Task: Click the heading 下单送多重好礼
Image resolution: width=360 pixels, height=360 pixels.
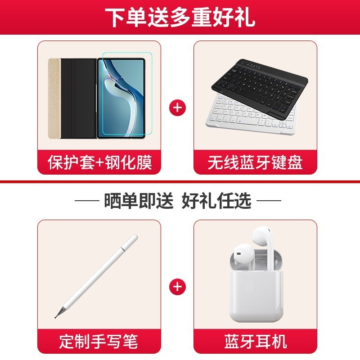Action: click(180, 18)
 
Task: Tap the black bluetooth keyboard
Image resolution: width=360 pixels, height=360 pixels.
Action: click(260, 88)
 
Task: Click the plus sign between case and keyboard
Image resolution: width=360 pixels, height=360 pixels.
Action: click(177, 108)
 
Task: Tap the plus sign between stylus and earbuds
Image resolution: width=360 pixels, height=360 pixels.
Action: click(177, 287)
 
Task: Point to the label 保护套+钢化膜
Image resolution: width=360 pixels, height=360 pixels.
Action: click(99, 162)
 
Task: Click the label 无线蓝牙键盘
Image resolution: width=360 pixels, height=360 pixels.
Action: click(255, 162)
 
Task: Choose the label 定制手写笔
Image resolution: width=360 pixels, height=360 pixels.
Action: click(99, 342)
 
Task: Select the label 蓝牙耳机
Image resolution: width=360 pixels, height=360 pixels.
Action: click(255, 342)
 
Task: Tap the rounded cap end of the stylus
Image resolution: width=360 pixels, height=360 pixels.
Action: click(132, 239)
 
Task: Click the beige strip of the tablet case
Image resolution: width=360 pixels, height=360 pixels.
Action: click(54, 99)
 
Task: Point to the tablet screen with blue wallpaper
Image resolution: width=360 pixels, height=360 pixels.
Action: click(121, 98)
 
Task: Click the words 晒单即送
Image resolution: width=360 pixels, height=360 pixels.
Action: click(139, 200)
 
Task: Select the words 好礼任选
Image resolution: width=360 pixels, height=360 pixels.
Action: click(216, 200)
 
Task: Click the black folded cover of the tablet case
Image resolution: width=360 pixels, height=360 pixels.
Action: click(78, 99)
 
